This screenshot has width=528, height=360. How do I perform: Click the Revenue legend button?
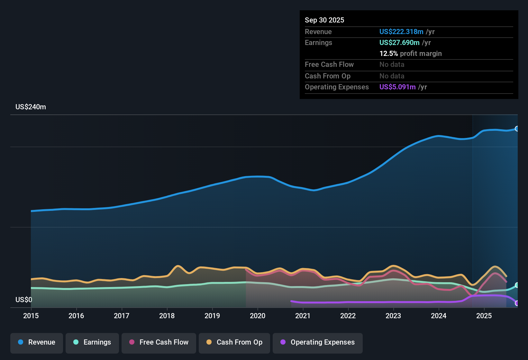pyautogui.click(x=37, y=342)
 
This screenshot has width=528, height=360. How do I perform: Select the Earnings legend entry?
pyautogui.click(x=92, y=342)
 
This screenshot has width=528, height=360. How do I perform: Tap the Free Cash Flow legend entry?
pyautogui.click(x=159, y=342)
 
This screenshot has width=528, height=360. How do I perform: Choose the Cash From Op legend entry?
pyautogui.click(x=234, y=342)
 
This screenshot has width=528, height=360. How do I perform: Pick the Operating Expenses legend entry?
pyautogui.click(x=318, y=342)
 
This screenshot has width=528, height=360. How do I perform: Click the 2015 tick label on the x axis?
pyautogui.click(x=31, y=316)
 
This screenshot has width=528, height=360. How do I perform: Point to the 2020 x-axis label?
pyautogui.click(x=258, y=316)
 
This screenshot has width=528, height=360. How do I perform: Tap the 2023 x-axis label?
pyautogui.click(x=393, y=316)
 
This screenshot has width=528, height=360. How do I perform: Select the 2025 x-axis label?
pyautogui.click(x=484, y=316)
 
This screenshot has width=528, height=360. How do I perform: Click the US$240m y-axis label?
pyautogui.click(x=31, y=107)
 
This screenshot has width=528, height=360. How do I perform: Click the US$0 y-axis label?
pyautogui.click(x=24, y=300)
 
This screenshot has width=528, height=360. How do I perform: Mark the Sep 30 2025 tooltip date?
pyautogui.click(x=324, y=20)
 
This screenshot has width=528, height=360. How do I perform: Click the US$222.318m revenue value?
pyautogui.click(x=401, y=32)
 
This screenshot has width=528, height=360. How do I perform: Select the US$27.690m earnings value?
pyautogui.click(x=399, y=42)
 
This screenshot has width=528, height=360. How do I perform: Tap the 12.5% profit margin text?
pyautogui.click(x=411, y=54)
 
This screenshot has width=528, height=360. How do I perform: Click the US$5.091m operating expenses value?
pyautogui.click(x=397, y=87)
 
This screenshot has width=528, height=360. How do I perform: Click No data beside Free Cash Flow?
pyautogui.click(x=392, y=65)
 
